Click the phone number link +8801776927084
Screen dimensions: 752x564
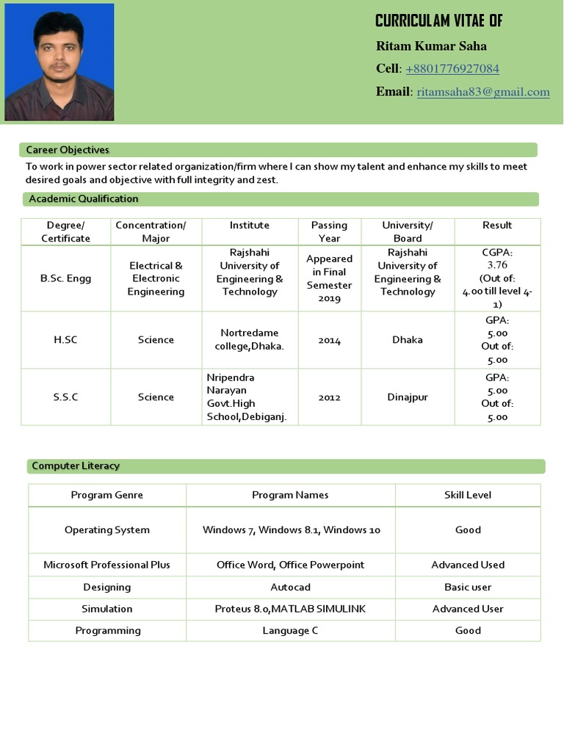(x=452, y=69)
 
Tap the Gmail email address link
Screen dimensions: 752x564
(x=483, y=92)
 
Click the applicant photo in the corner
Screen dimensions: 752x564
(x=59, y=62)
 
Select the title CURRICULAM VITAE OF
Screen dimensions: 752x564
(x=438, y=21)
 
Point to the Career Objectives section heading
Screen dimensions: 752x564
(x=68, y=150)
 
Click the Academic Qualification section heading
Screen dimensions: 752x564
(x=84, y=199)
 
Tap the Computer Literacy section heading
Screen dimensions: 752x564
(x=76, y=466)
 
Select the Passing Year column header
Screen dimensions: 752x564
(x=329, y=231)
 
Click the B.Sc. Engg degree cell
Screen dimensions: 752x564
(x=66, y=279)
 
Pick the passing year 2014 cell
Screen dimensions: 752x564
(x=329, y=340)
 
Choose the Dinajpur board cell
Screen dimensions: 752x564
(x=408, y=397)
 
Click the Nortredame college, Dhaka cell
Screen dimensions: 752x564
(x=250, y=339)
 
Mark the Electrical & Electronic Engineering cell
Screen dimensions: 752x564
(x=156, y=279)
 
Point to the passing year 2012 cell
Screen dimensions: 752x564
(x=329, y=397)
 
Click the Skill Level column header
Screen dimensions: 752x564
(x=468, y=495)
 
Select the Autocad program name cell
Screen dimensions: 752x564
(x=290, y=587)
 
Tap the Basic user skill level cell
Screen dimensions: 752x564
(x=468, y=587)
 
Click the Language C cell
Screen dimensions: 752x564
(x=290, y=631)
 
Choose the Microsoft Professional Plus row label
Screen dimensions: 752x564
(x=107, y=565)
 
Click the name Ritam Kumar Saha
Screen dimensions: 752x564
(x=431, y=46)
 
